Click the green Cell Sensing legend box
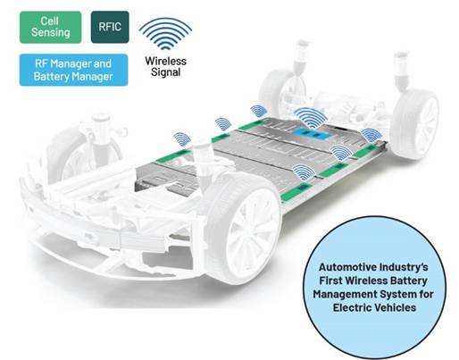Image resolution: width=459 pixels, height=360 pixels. [x=50, y=27]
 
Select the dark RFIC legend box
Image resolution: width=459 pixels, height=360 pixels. [x=110, y=27]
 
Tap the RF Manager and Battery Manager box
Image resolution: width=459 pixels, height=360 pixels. [x=73, y=70]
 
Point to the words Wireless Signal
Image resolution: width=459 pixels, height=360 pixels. [x=165, y=66]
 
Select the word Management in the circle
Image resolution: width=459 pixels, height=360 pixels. [x=343, y=295]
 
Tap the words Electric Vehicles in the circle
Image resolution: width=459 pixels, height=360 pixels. [x=374, y=307]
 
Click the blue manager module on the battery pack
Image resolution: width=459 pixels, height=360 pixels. [x=313, y=134]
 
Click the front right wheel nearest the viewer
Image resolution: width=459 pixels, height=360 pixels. [x=245, y=230]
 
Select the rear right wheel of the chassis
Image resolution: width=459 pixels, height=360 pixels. [x=416, y=124]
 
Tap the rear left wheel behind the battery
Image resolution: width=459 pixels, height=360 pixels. [x=279, y=89]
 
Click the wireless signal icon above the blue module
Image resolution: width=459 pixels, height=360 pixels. [x=311, y=115]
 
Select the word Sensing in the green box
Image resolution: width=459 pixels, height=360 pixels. [x=51, y=32]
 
